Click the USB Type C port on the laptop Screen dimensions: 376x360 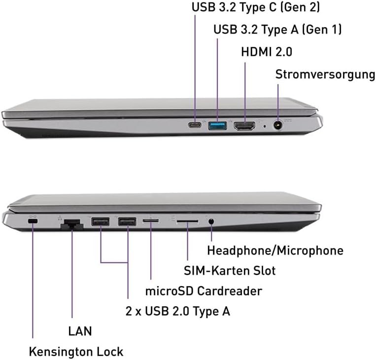(x=195, y=125)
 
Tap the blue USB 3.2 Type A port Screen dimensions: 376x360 (x=217, y=126)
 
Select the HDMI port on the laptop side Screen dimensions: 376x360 (x=244, y=126)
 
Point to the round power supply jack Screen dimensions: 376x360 (x=277, y=125)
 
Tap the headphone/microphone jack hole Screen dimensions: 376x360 (x=211, y=221)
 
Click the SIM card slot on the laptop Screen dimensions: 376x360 (x=187, y=221)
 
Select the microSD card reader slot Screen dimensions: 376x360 (x=151, y=220)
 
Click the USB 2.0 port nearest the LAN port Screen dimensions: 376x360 (x=101, y=221)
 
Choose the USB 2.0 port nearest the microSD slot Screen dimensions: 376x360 (x=127, y=221)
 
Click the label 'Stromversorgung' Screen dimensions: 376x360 (x=325, y=74)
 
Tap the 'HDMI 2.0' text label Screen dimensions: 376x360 (x=267, y=52)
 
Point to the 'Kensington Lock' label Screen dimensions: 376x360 (x=76, y=352)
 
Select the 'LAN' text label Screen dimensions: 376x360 (x=80, y=331)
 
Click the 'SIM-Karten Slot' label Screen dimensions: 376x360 (x=230, y=271)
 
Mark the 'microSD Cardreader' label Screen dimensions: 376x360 (x=204, y=291)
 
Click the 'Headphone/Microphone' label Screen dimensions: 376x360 (x=275, y=251)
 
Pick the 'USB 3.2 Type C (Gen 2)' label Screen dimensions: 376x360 (x=256, y=7)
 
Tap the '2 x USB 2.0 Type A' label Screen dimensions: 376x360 (x=178, y=311)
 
